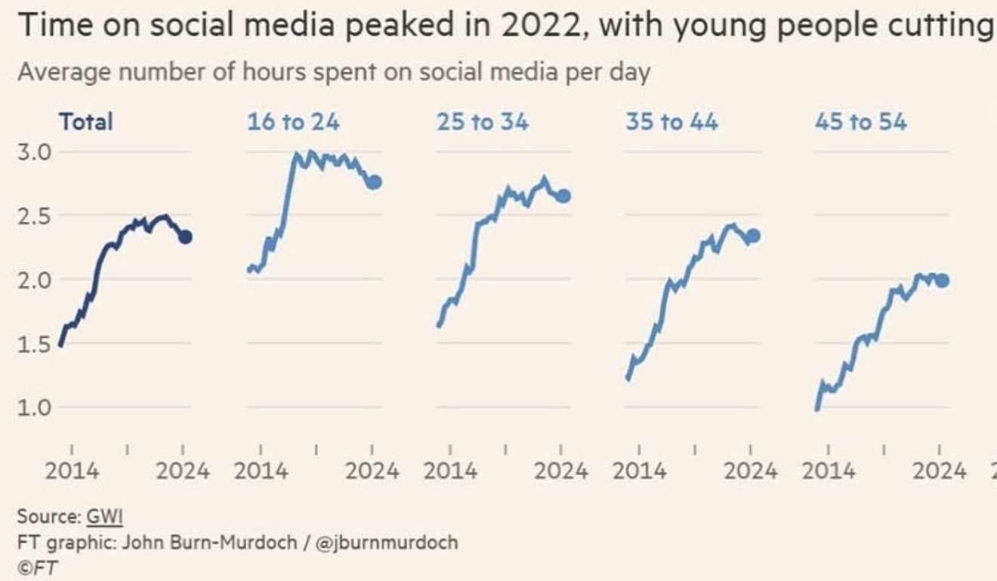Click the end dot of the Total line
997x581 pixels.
[x=185, y=237]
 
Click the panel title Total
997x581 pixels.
[x=86, y=122]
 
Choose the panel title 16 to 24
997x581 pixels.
[x=293, y=122]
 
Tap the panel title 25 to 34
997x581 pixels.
[x=482, y=122]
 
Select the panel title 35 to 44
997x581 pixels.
[x=671, y=122]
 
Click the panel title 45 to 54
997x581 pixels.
[x=860, y=122]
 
